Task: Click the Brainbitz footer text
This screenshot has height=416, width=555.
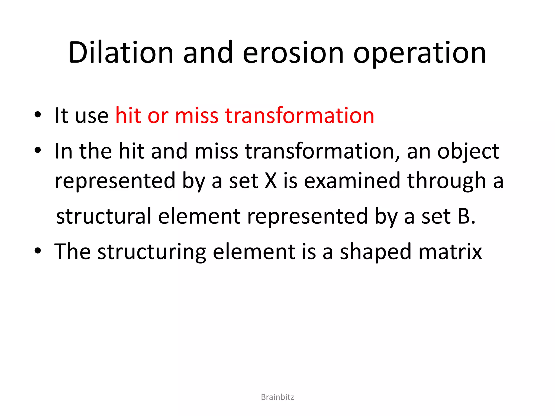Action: click(x=277, y=397)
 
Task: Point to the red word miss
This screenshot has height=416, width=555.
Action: click(x=197, y=116)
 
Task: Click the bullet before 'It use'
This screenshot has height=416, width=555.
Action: click(x=38, y=115)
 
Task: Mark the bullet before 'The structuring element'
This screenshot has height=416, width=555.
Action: click(x=38, y=251)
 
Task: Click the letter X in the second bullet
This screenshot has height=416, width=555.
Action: click(x=271, y=181)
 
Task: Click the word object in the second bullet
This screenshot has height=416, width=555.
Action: click(x=468, y=151)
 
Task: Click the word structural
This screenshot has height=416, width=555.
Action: click(x=104, y=216)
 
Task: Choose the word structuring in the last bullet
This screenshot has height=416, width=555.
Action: click(x=152, y=252)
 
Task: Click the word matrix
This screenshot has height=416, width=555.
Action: click(x=450, y=252)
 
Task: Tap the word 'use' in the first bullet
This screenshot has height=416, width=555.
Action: click(x=92, y=116)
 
